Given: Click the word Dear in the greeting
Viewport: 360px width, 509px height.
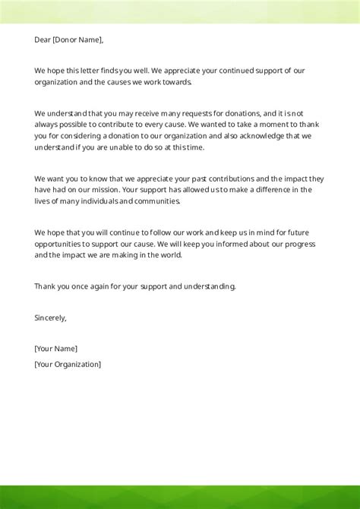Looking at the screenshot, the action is click(x=43, y=40).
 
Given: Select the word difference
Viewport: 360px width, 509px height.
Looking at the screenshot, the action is click(x=276, y=190).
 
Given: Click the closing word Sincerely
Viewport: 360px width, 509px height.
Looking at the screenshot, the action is click(x=50, y=318).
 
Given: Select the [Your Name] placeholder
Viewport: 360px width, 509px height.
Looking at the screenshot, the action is click(x=55, y=349).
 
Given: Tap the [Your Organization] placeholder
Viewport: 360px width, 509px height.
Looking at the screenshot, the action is click(x=68, y=364).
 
